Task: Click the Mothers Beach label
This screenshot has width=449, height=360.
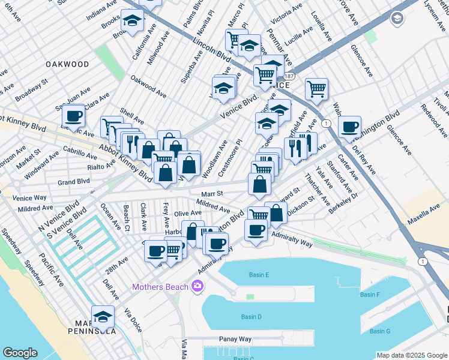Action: coord(160,287)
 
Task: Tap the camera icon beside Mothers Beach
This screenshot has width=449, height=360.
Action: coord(197,287)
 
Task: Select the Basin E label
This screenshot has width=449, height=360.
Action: coord(259,275)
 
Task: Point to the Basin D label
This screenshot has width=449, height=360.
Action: coord(252,317)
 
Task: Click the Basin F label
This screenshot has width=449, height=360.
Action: coord(370,295)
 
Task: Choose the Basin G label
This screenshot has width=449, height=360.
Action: coord(380,331)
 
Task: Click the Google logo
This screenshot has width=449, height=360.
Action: coord(20,353)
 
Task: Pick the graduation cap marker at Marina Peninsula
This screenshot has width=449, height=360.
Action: coord(103,317)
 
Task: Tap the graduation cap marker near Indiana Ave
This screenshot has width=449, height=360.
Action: coord(132,21)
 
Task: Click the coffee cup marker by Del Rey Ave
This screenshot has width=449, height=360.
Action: coord(349,127)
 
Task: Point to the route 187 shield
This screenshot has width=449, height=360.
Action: coord(289,76)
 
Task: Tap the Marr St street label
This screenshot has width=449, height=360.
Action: coord(212,193)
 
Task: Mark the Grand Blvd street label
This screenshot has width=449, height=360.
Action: coord(73,181)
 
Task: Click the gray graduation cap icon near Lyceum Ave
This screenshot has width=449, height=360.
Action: coord(397,19)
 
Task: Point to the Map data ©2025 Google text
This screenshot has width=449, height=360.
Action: coord(411,355)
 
